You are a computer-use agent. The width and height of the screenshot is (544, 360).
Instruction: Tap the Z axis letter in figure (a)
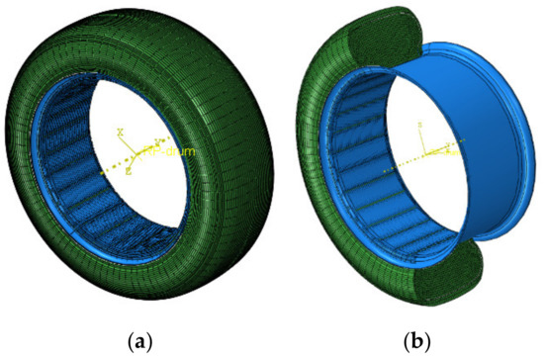pyautogui.click(x=127, y=172)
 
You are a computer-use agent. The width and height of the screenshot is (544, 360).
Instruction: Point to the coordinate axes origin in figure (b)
pyautogui.click(x=424, y=155)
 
